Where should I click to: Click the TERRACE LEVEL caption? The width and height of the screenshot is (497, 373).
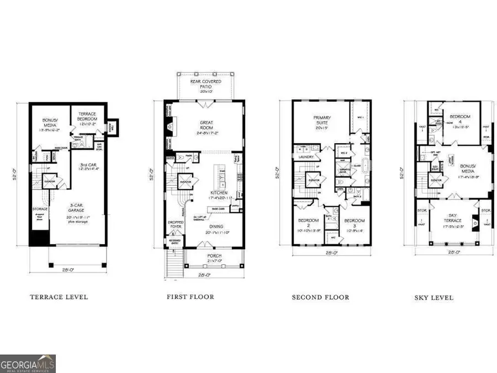(59, 297)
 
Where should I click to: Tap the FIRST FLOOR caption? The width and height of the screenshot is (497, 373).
(191, 297)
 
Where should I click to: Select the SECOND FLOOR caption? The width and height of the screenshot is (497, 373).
(320, 297)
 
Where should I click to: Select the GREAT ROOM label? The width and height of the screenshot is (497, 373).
(206, 127)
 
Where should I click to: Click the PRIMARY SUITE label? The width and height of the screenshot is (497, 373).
(321, 122)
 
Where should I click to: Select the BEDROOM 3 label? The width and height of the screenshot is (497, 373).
(353, 223)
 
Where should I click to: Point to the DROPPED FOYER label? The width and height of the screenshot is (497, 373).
(175, 224)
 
